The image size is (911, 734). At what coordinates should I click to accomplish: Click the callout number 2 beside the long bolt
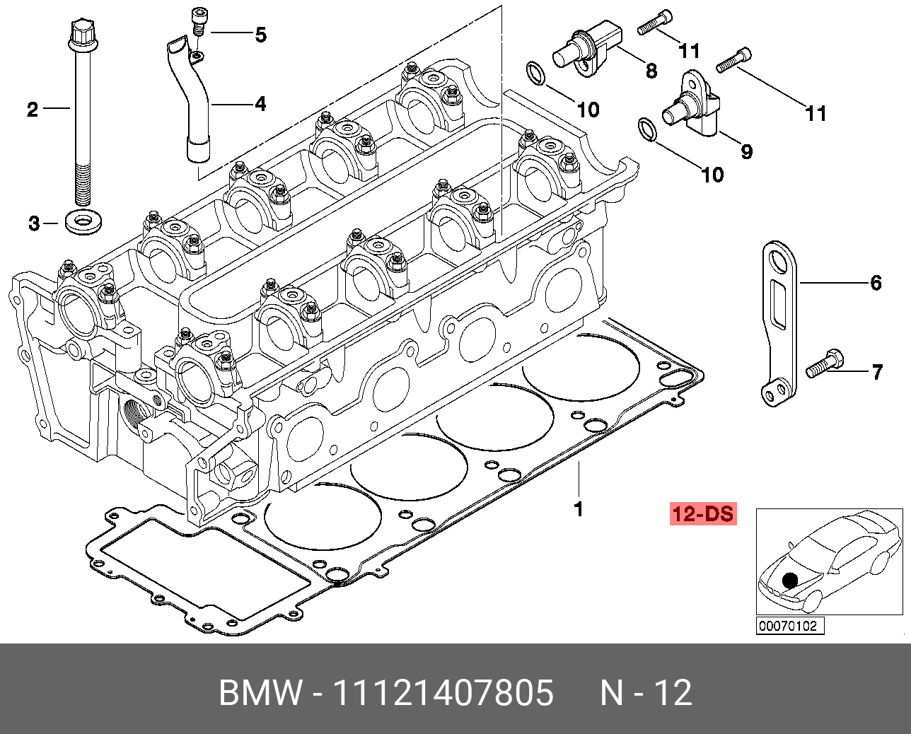tap(33, 110)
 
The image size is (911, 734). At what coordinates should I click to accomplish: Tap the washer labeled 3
tap(83, 221)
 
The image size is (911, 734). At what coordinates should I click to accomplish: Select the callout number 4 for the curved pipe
tap(261, 104)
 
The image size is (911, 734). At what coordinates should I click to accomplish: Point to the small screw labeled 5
tap(198, 21)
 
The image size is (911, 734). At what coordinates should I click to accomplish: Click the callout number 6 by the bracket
tap(876, 283)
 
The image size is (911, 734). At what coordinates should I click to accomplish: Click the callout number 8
tap(651, 71)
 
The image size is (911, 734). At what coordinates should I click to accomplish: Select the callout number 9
tap(747, 151)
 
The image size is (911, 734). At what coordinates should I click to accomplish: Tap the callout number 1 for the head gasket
tap(579, 509)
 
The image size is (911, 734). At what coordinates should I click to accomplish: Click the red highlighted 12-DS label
tap(703, 514)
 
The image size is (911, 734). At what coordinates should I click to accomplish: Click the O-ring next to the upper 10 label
tap(535, 74)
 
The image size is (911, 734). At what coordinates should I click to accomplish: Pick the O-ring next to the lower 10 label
tap(647, 130)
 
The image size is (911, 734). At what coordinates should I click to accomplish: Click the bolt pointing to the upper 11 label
tap(655, 21)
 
